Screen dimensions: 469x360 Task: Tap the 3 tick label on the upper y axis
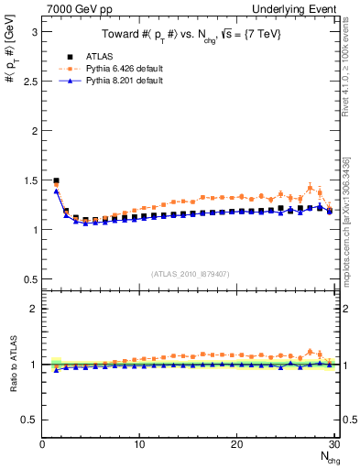point(33,31)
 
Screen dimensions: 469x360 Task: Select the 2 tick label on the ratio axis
point(33,309)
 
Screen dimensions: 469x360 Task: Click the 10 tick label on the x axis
point(139,444)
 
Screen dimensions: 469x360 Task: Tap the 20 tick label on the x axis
point(236,444)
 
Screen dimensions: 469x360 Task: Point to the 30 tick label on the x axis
point(333,444)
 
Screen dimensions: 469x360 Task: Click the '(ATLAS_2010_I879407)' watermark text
point(190,273)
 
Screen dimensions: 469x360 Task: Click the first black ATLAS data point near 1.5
point(56,180)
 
